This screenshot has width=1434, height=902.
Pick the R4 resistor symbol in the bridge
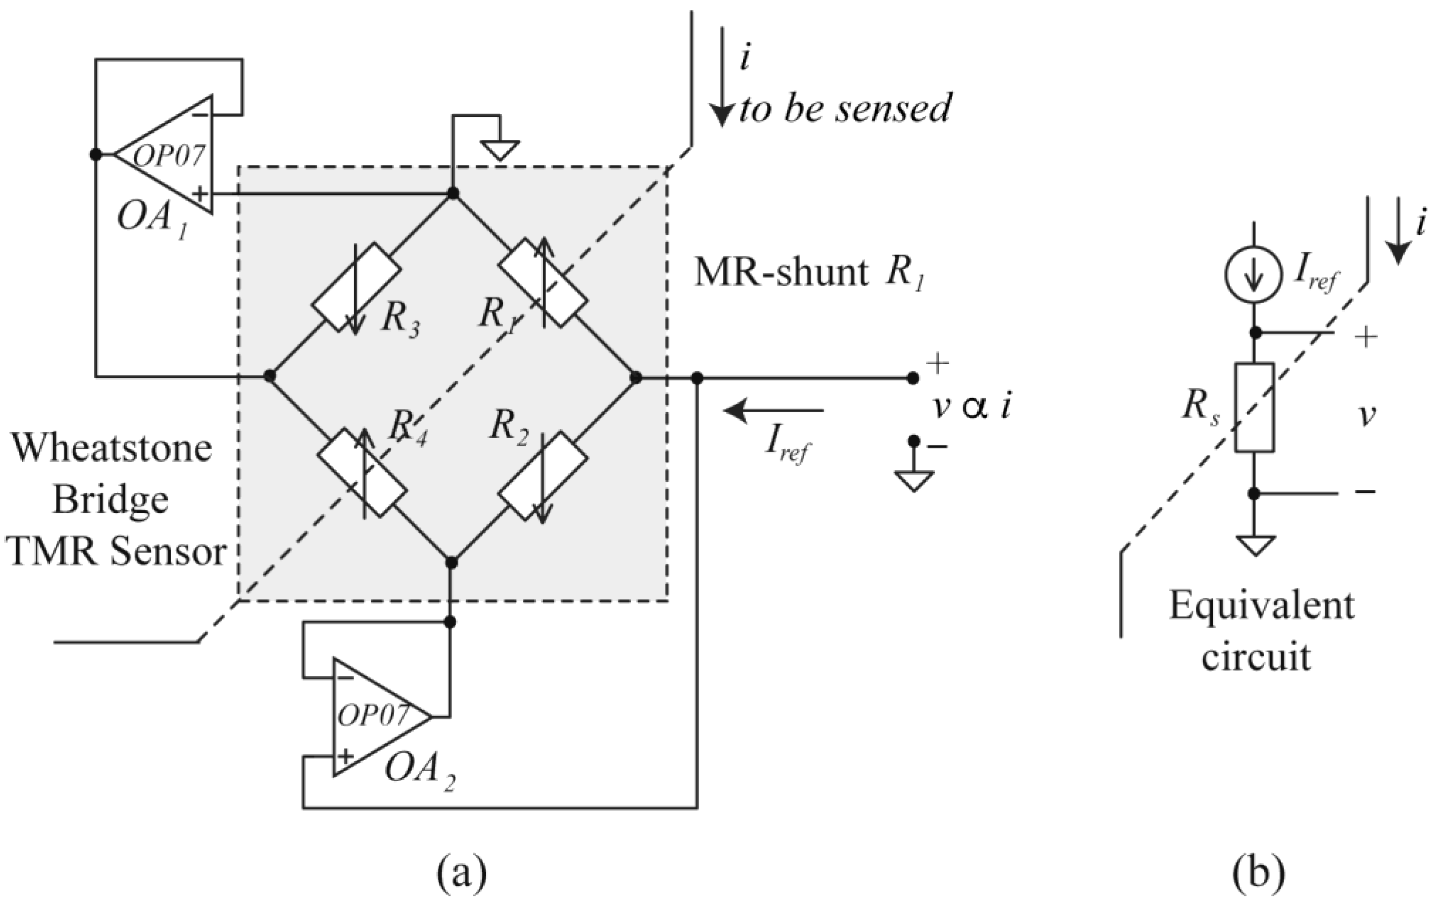pyautogui.click(x=362, y=479)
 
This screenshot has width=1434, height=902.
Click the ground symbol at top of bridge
pyautogui.click(x=500, y=149)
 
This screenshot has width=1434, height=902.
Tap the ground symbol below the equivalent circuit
pyautogui.click(x=1255, y=545)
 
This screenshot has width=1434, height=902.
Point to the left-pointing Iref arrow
pyautogui.click(x=774, y=410)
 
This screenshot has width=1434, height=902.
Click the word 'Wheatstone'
pyautogui.click(x=112, y=447)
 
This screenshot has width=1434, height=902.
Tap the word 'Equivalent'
pyautogui.click(x=1261, y=606)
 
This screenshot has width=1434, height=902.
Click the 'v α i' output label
pyautogui.click(x=971, y=408)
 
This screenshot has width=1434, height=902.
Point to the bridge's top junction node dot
pyautogui.click(x=452, y=193)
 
